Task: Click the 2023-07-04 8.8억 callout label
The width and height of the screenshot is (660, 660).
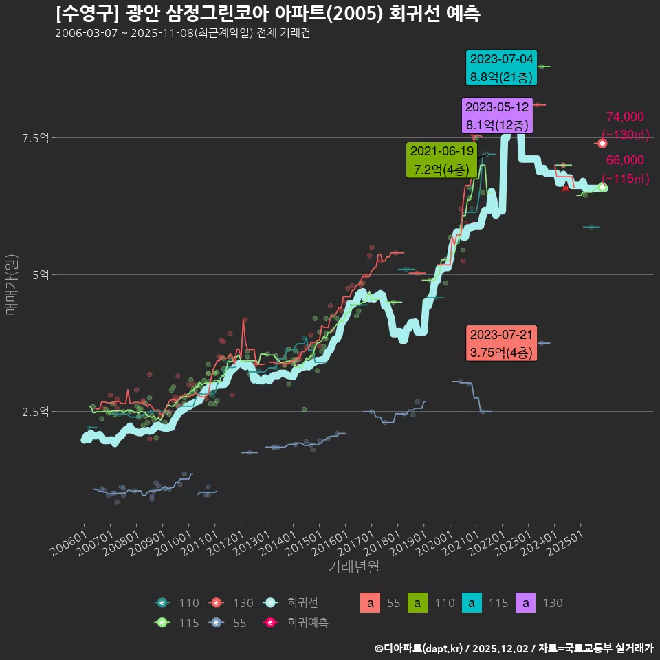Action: click(x=501, y=68)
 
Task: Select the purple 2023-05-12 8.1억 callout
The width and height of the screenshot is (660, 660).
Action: click(x=497, y=116)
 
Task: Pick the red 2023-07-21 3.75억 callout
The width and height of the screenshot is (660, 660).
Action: click(x=501, y=343)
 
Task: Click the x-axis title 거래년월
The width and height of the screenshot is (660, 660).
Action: click(x=353, y=567)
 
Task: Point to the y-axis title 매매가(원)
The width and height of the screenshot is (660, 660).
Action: click(x=11, y=285)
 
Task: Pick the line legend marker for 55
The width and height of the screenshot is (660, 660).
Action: click(x=217, y=623)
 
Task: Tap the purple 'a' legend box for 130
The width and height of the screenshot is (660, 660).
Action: click(x=525, y=604)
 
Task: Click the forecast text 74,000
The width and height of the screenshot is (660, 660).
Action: click(x=624, y=117)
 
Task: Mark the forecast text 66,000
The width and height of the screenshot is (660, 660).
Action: click(x=624, y=160)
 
